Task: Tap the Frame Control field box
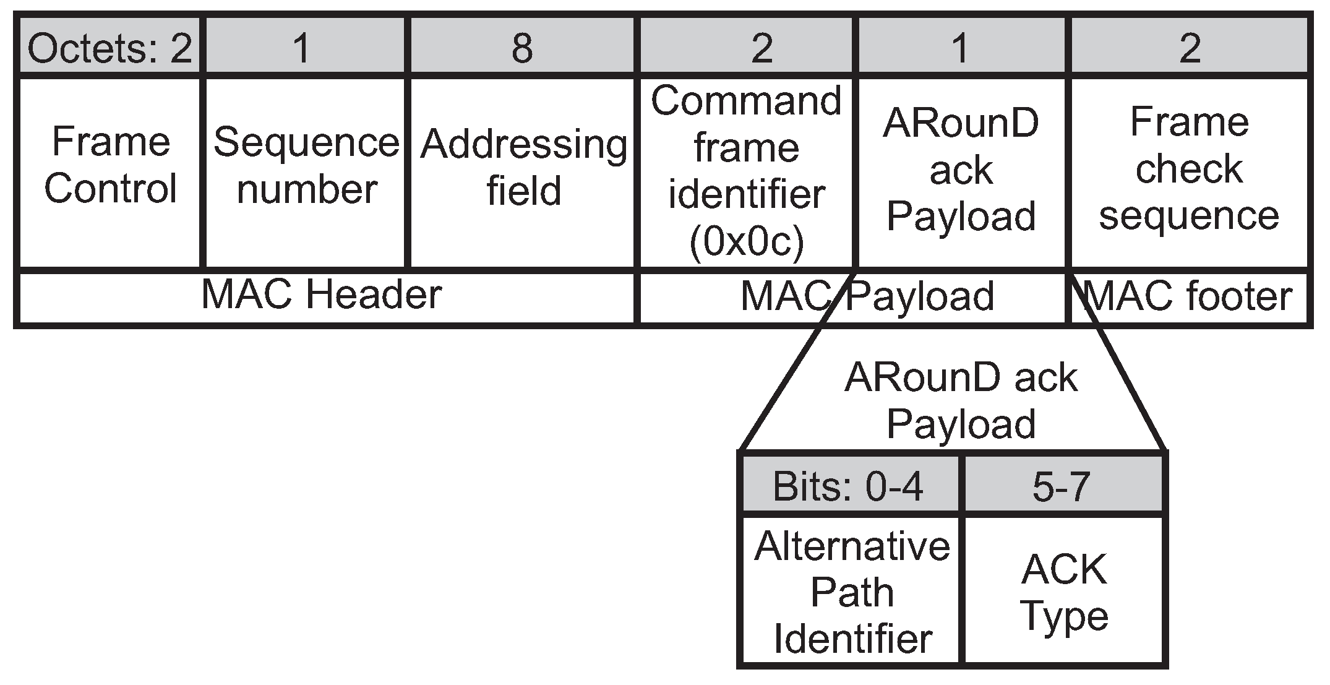click(x=110, y=166)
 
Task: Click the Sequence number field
click(x=306, y=166)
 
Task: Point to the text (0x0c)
click(x=746, y=243)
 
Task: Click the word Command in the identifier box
click(x=746, y=100)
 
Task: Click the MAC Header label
click(x=322, y=295)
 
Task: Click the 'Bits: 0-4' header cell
click(x=848, y=486)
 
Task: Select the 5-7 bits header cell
click(x=1061, y=486)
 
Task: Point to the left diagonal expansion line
click(x=798, y=359)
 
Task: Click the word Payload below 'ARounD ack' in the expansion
click(x=961, y=424)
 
